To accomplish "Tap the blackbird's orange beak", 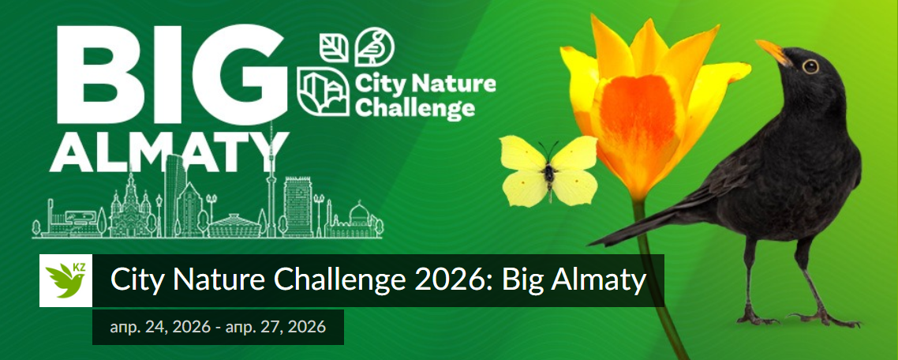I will coord(774,54).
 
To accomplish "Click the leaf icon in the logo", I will coord(334,47).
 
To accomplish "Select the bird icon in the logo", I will coord(372,47).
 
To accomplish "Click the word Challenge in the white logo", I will coord(415,107).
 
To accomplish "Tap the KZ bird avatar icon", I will coord(66,280).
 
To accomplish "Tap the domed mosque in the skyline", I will coord(359,216).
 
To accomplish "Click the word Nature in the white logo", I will coord(458,83).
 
